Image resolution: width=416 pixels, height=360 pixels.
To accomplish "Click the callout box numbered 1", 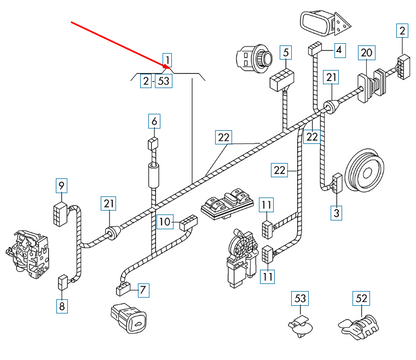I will [168, 59].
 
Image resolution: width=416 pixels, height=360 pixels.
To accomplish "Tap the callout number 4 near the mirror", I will [339, 49].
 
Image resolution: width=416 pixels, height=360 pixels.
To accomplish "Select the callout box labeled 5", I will [285, 51].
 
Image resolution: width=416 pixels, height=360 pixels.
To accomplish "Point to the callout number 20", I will [366, 51].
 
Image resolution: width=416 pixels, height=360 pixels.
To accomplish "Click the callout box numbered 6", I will [154, 121].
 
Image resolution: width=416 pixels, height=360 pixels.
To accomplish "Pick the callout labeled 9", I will [61, 185].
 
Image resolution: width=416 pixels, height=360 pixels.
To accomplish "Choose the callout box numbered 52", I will [362, 297].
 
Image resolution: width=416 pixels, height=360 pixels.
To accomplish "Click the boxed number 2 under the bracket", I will [147, 81].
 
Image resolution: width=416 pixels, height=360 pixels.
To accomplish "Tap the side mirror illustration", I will [321, 22].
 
